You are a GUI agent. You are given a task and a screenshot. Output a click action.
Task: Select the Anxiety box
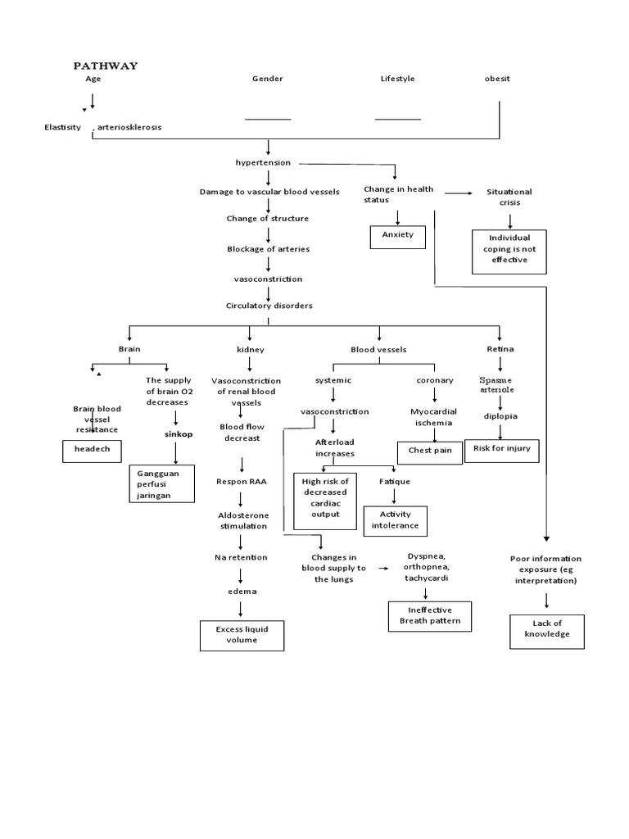pyautogui.click(x=398, y=236)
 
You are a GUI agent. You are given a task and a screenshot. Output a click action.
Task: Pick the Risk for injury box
pyautogui.click(x=502, y=450)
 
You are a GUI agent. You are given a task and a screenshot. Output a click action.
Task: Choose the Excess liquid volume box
pyautogui.click(x=242, y=635)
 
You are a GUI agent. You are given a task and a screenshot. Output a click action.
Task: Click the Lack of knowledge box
pyautogui.click(x=547, y=631)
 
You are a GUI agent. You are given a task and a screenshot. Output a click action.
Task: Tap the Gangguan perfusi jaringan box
pyautogui.click(x=162, y=483)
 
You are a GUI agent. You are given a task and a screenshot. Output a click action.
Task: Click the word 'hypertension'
pyautogui.click(x=263, y=162)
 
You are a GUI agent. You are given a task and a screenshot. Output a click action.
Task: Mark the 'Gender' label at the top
pyautogui.click(x=267, y=79)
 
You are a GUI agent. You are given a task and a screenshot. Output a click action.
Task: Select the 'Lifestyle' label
pyautogui.click(x=397, y=79)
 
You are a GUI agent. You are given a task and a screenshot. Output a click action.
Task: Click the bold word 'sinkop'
pyautogui.click(x=177, y=434)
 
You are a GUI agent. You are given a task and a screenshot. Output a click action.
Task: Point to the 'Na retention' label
pyautogui.click(x=241, y=557)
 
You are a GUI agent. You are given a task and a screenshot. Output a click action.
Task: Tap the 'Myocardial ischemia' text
pyautogui.click(x=433, y=417)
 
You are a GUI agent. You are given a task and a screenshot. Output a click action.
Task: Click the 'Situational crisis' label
pyautogui.click(x=509, y=197)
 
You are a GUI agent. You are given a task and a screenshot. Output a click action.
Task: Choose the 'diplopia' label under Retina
pyautogui.click(x=500, y=415)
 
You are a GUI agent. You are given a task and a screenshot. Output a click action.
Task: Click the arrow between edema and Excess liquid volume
pyautogui.click(x=241, y=608)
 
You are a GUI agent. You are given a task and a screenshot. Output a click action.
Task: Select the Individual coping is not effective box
pyautogui.click(x=511, y=250)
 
